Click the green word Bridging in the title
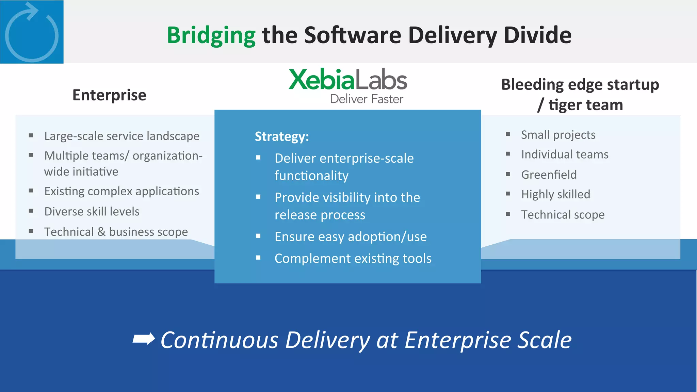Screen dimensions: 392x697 (211, 35)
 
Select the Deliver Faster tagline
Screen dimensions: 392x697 (367, 99)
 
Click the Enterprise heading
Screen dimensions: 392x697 (109, 95)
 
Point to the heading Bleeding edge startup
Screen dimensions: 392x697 (580, 84)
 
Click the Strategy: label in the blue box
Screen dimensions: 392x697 (282, 136)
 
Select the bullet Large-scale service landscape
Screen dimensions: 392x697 (122, 136)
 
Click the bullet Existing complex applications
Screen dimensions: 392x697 (121, 191)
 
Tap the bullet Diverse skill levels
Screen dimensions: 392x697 (92, 211)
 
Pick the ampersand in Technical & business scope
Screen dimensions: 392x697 (101, 232)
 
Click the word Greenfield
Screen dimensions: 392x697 (549, 175)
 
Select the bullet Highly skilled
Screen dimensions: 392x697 (555, 194)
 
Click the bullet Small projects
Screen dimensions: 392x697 (558, 135)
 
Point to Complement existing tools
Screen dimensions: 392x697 (353, 258)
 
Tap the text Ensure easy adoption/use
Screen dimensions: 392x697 (351, 236)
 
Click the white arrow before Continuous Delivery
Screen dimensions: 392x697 (144, 339)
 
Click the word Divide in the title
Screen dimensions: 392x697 (537, 35)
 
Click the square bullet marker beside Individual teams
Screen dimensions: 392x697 (508, 154)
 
